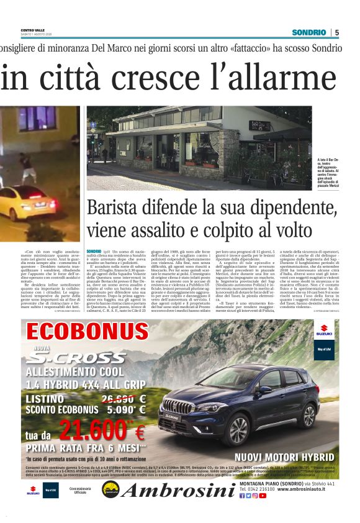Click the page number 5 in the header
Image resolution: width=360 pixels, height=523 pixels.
pos(337,32)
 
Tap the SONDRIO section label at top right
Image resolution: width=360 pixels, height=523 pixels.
pos(308,32)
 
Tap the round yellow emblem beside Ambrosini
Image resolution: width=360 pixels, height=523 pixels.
pos(110,489)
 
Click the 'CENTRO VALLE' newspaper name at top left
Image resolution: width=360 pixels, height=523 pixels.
pos(33,30)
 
